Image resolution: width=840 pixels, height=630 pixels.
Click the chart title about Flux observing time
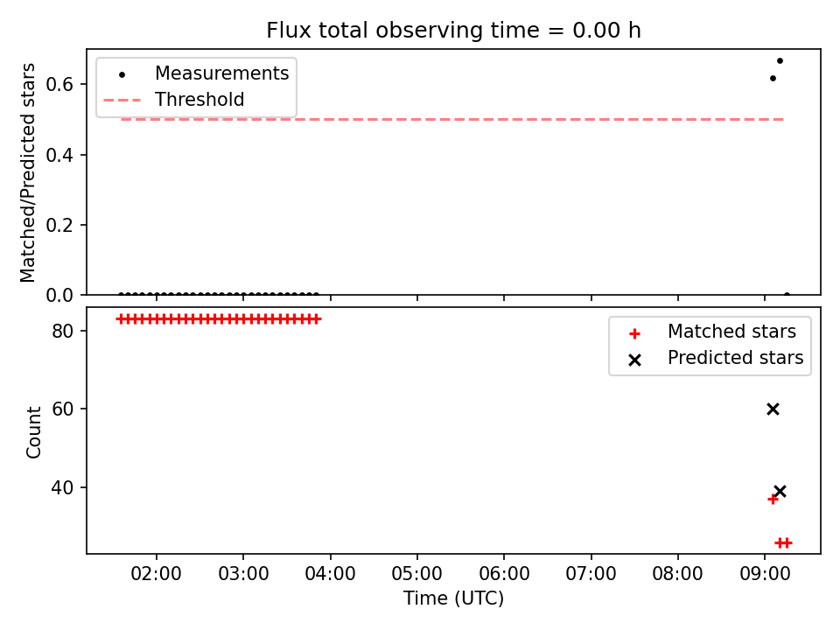(454, 30)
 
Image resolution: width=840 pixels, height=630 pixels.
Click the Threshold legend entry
(174, 100)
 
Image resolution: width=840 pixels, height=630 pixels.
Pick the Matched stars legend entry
(712, 332)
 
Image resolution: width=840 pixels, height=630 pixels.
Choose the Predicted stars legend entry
(717, 358)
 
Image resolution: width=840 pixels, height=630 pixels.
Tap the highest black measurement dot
(780, 61)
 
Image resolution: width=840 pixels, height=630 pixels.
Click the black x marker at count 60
(773, 409)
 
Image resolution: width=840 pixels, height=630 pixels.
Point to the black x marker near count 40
(780, 491)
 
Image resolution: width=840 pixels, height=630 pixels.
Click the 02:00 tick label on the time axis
(157, 574)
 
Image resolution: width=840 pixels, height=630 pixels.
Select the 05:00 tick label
(417, 574)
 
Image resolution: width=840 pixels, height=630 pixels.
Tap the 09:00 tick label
(765, 574)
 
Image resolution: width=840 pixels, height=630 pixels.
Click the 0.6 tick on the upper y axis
(59, 84)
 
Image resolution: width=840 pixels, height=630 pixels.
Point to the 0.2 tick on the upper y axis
(59, 225)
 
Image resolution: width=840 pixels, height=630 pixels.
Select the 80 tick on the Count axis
(63, 331)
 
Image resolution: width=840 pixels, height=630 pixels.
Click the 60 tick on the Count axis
(63, 409)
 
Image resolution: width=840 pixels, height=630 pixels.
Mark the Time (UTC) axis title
(454, 598)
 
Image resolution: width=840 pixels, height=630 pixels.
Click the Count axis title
(33, 431)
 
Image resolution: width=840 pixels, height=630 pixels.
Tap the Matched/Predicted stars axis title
(27, 172)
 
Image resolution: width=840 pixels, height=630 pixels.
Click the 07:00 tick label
(591, 574)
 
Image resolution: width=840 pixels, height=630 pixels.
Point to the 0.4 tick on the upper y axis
(59, 155)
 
